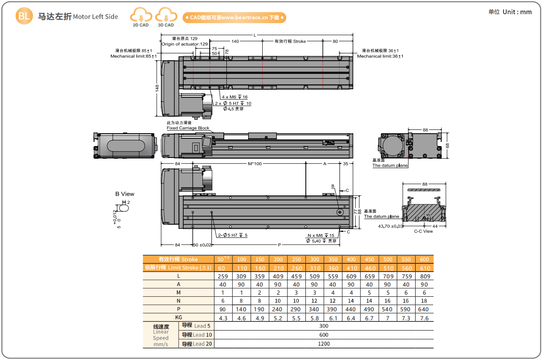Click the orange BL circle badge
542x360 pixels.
coord(24,16)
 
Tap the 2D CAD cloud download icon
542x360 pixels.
coord(141,15)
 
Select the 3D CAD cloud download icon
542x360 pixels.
coord(166,15)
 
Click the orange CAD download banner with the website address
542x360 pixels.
coord(234,18)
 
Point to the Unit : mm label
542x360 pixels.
coord(517,12)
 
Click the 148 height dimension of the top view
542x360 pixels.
coord(157,88)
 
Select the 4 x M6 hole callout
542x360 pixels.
coord(235,97)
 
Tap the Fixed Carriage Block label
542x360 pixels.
coord(188,128)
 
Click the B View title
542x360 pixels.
coord(125,194)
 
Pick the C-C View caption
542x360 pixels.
coord(423,231)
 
